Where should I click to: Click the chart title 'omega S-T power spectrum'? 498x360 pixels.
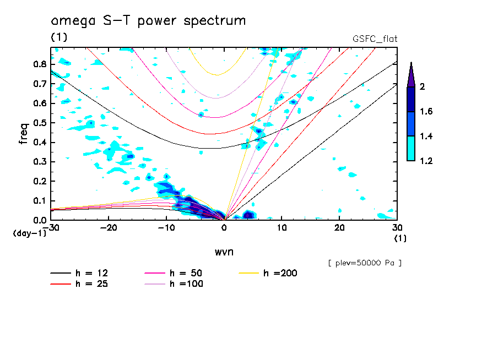click(x=148, y=21)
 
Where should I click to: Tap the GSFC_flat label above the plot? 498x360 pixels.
click(x=375, y=39)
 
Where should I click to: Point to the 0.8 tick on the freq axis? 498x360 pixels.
click(x=38, y=64)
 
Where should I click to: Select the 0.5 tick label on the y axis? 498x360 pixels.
click(x=38, y=123)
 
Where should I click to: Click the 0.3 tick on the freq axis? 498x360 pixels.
click(x=38, y=162)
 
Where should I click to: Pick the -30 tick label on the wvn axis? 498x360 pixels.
click(x=50, y=227)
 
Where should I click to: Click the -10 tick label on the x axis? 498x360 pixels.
click(x=166, y=227)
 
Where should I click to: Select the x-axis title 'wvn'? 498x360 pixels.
click(x=224, y=252)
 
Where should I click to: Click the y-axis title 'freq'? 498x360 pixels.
click(x=24, y=134)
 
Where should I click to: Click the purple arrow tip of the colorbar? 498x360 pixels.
click(x=411, y=72)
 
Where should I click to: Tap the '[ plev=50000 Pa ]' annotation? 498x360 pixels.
click(x=365, y=263)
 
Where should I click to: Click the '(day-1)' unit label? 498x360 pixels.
click(x=29, y=233)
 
